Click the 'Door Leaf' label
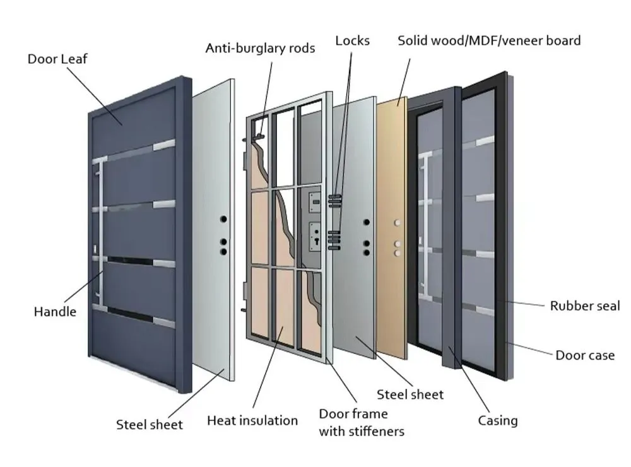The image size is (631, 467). tap(57, 59)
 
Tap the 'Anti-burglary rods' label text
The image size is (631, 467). tap(260, 48)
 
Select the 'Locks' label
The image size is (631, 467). tap(352, 41)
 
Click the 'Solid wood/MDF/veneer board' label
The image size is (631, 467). tap(489, 41)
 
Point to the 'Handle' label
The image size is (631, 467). tap(55, 311)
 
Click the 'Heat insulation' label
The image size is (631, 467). tap(252, 420)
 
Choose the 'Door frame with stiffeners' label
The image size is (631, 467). tap(361, 423)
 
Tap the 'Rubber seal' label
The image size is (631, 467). tap(585, 306)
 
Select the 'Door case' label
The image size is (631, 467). tap(585, 355)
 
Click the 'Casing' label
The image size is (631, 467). tap(498, 420)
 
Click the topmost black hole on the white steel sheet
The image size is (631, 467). tap(223, 219)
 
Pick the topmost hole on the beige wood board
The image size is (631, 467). tap(397, 223)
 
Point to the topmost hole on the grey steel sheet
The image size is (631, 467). tap(366, 222)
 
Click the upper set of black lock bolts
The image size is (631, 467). tap(334, 201)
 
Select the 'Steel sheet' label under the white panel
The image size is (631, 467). tap(150, 425)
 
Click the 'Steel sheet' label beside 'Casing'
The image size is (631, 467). tap(410, 394)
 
